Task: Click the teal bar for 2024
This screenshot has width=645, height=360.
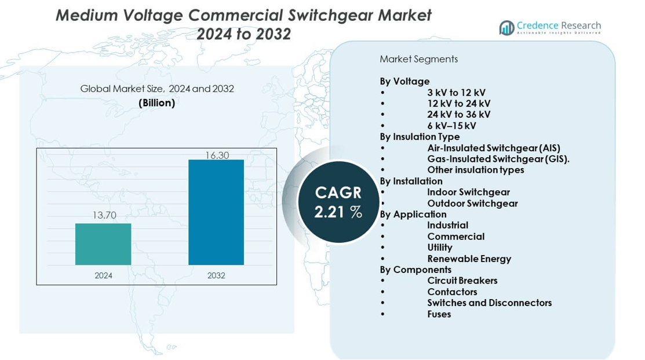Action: pos(103,244)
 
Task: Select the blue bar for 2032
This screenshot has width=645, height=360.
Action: pos(216,212)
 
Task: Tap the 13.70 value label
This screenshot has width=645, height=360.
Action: pos(104,215)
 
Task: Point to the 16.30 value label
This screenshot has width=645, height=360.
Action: pos(217,155)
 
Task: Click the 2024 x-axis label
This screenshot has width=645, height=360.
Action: pos(104,275)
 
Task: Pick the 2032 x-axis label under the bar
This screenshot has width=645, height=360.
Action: pos(216,275)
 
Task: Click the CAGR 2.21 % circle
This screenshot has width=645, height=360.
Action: pos(338,202)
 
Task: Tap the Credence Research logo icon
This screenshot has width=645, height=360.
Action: pos(507,27)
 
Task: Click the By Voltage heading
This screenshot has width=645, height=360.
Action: pos(405,81)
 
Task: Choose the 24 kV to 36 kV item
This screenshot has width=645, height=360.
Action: pos(458,114)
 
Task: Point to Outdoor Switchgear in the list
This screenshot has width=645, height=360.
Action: pos(472,203)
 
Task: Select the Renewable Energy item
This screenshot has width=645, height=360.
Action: pos(469,259)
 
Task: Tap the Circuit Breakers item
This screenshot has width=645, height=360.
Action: pos(462,281)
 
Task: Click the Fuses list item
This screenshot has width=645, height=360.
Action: pos(439,314)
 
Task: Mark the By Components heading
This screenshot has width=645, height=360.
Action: pos(415,270)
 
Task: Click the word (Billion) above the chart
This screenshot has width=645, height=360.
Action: pos(156,103)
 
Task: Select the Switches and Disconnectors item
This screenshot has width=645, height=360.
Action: pos(489,303)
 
